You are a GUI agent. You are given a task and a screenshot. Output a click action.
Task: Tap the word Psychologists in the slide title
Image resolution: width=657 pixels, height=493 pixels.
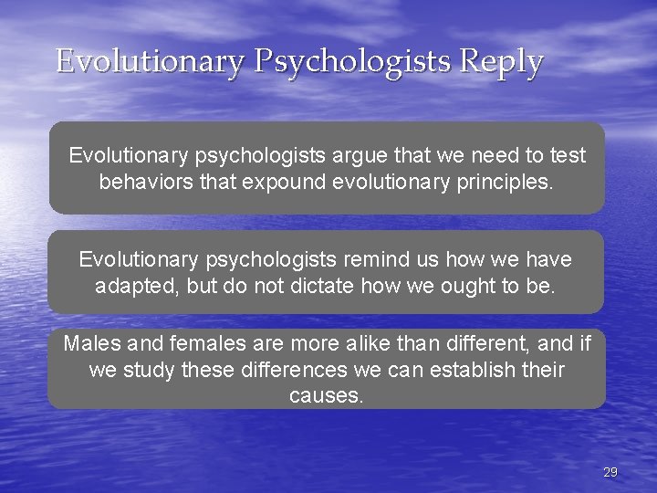coord(353,62)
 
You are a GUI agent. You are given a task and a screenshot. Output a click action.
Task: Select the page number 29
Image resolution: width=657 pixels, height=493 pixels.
coord(610,472)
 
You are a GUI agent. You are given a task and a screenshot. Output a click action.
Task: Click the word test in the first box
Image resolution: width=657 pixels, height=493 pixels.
coord(567,156)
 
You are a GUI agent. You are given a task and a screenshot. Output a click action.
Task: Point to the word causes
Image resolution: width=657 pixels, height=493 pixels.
coord(326,396)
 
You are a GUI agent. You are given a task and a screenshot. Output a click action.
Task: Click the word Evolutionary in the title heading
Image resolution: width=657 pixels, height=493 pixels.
coord(150,62)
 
